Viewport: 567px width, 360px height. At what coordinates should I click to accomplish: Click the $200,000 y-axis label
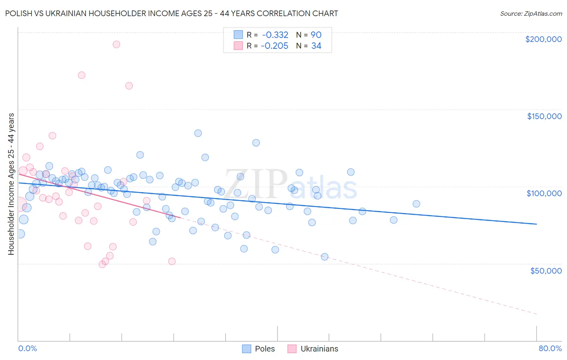543,39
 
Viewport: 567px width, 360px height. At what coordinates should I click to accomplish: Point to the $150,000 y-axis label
544,116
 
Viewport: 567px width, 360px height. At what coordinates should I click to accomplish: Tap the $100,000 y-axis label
544,193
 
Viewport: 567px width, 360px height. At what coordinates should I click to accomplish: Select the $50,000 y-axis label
546,270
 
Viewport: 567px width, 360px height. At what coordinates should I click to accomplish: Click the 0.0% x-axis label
27,348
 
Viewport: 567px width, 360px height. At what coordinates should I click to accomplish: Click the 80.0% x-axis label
550,348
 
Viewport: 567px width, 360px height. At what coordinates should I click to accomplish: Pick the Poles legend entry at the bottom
258,349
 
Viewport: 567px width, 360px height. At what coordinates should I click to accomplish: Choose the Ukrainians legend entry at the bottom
313,349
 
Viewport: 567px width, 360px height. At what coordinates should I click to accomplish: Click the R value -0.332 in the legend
275,35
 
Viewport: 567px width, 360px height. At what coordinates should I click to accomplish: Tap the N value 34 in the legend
316,46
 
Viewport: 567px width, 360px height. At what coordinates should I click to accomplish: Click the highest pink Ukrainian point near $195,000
116,44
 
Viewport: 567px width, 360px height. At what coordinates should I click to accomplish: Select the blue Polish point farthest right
416,204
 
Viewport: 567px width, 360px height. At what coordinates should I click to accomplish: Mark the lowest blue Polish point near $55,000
325,257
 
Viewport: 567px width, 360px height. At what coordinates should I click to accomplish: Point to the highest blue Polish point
198,133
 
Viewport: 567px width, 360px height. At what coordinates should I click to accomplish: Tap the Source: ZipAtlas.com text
531,14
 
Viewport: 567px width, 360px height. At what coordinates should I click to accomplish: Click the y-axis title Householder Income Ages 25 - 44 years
11,184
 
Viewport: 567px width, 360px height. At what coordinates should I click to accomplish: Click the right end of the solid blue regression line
536,224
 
